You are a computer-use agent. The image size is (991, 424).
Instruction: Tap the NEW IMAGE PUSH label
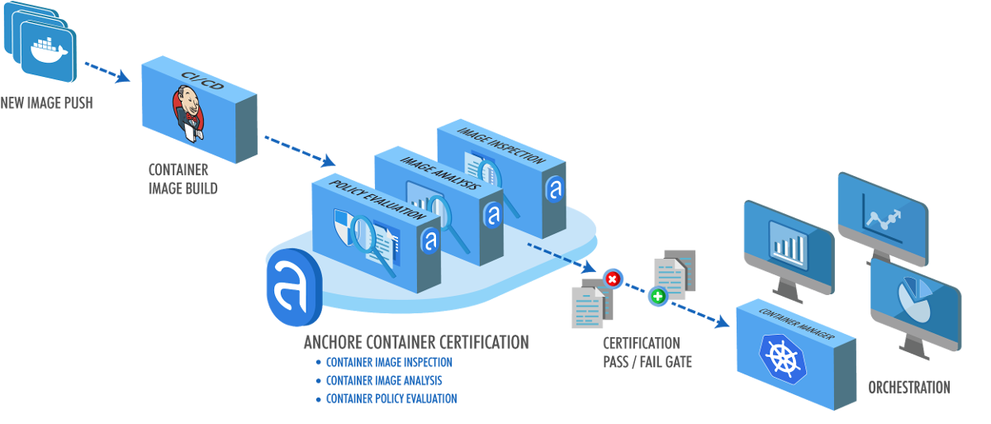46,103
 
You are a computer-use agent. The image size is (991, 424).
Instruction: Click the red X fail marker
612,279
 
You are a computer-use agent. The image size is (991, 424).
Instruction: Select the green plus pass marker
658,296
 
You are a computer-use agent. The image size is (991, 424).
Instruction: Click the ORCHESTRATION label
908,388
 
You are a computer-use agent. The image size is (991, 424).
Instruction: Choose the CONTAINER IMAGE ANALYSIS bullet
384,380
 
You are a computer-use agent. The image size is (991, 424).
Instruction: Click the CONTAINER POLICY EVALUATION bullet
391,398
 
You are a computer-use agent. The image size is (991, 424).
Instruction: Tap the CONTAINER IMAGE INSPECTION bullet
389,362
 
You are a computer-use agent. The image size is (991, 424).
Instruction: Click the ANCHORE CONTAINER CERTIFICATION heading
415,341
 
